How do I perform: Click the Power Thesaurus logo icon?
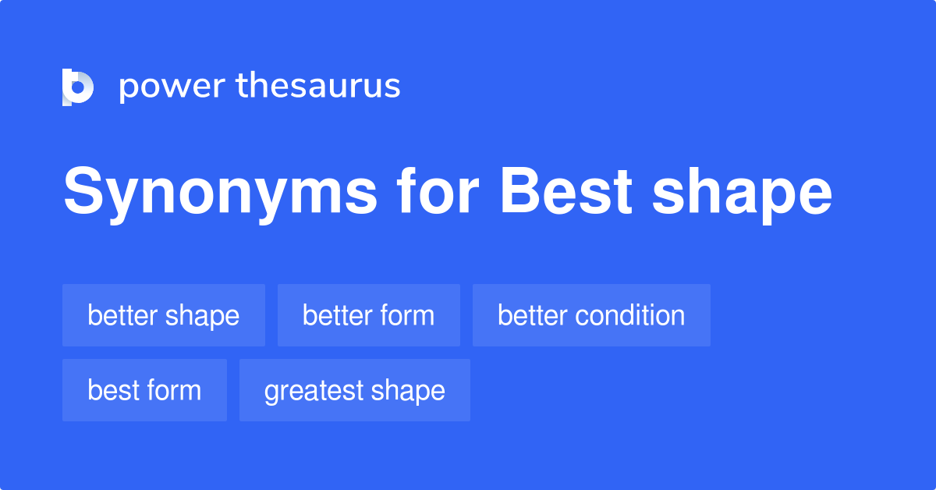(77, 87)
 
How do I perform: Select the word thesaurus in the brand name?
(318, 87)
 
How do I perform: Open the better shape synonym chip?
(164, 315)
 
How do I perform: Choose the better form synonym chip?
(368, 315)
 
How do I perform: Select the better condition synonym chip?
(591, 315)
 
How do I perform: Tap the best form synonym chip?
(144, 390)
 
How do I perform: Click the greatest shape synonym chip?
(354, 390)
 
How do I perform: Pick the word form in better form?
(404, 315)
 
